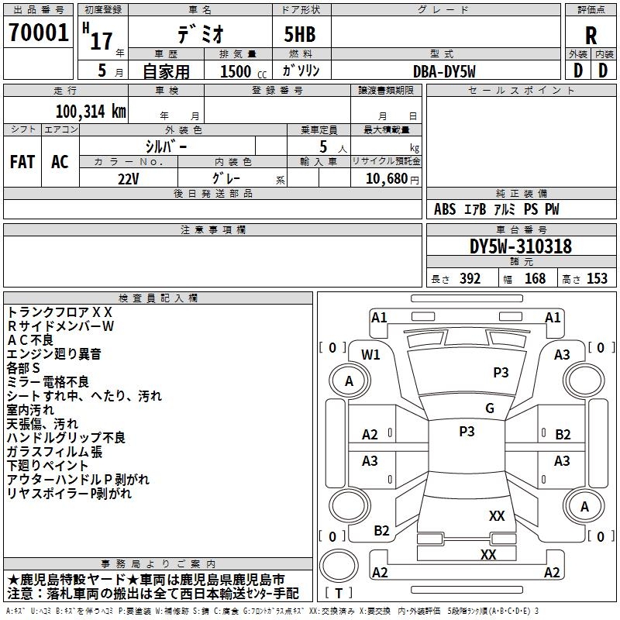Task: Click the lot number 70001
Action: (x=38, y=33)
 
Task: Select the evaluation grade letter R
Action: (x=591, y=36)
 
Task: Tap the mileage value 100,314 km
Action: (x=91, y=112)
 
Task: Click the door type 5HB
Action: (x=300, y=34)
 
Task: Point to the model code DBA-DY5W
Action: (x=444, y=71)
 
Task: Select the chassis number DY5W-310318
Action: (x=520, y=246)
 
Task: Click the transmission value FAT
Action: (x=22, y=162)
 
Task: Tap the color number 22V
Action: (x=128, y=179)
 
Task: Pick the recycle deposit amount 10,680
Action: (x=387, y=178)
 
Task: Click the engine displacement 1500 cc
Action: (x=243, y=71)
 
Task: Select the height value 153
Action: (x=597, y=278)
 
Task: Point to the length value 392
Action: (x=470, y=278)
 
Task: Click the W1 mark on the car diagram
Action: (x=370, y=355)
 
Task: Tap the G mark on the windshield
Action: (x=490, y=408)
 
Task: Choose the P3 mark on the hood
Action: (x=501, y=372)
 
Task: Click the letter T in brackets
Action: (x=339, y=593)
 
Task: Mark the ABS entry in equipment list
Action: (x=445, y=209)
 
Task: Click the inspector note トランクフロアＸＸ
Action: (x=60, y=312)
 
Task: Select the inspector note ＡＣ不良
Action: (x=30, y=340)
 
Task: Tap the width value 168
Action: (x=535, y=278)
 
